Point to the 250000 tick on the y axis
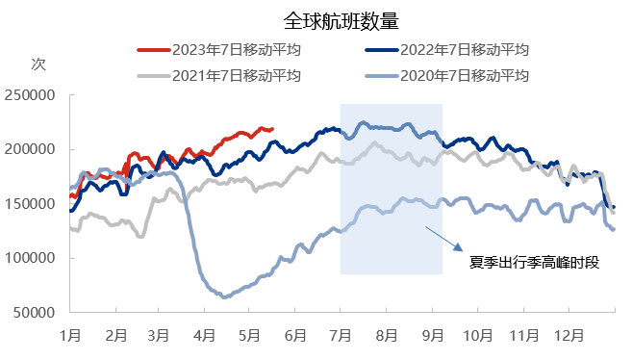[x=32, y=95]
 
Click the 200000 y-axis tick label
[x=32, y=149]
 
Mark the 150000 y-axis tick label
[x=32, y=204]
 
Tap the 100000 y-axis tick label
[x=32, y=258]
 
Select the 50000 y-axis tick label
[x=36, y=313]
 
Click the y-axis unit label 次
[x=38, y=64]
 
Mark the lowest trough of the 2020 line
[x=225, y=296]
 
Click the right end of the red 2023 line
[x=272, y=129]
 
